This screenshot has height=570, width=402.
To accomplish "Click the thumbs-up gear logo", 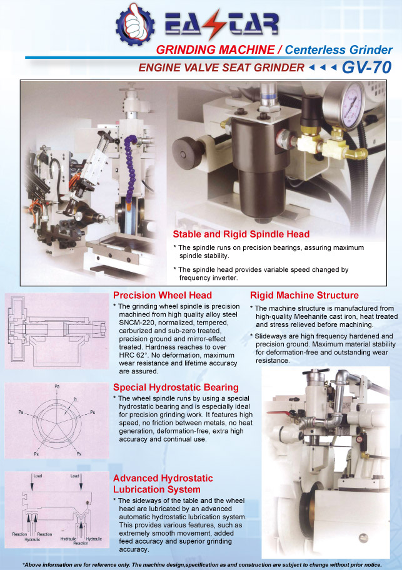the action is point(135,24).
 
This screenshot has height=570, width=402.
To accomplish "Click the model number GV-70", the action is point(366,67).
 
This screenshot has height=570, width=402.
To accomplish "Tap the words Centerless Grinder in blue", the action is point(338,50).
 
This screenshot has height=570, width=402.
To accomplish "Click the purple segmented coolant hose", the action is point(129,167).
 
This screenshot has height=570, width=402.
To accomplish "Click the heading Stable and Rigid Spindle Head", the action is point(241,234).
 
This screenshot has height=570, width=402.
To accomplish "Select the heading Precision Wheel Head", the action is point(162,295).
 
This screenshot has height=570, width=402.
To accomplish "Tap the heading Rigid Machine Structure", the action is point(304,295).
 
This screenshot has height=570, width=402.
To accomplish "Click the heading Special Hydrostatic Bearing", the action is point(176,387).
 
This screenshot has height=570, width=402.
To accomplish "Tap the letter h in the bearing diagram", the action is point(76,399).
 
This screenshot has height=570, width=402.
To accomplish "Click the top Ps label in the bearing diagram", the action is point(57,386).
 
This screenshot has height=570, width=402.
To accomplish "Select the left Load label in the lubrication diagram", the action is point(38,475).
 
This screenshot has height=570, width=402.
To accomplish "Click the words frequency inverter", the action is point(208,278).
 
